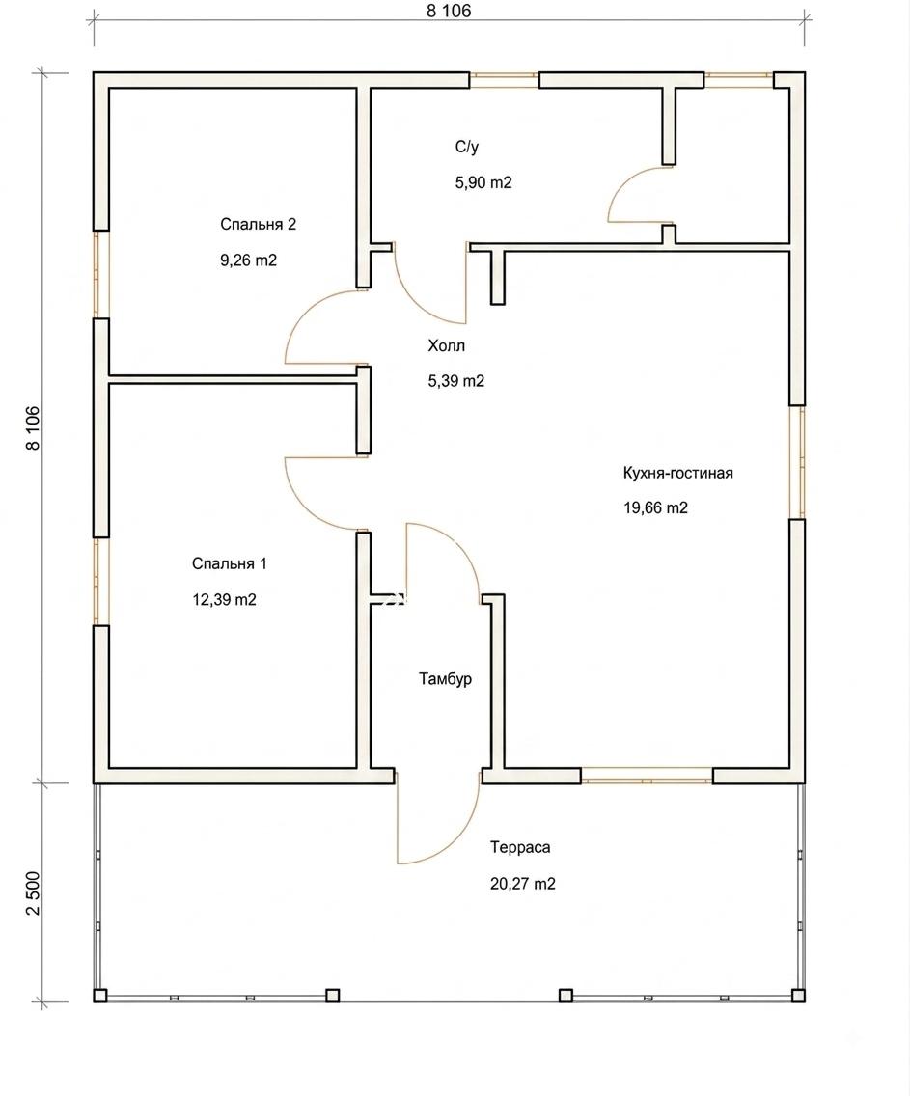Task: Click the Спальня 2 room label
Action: pos(258,225)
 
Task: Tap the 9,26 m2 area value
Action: pos(249,260)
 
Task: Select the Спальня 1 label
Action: pos(230,563)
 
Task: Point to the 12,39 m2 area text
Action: pos(224,600)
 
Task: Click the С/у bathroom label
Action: pos(467,147)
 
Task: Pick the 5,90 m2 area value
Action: pos(483,183)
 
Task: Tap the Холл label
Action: pos(447,345)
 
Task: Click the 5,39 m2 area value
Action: pos(456,382)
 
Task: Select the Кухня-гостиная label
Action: pos(678,473)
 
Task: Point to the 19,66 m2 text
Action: pos(655,508)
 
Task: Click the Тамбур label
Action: pos(445,678)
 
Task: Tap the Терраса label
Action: pos(520,848)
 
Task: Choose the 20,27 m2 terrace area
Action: pos(523,884)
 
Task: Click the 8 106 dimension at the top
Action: pos(449,11)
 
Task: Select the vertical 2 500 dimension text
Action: pos(33,892)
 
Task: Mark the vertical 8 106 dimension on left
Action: pos(33,427)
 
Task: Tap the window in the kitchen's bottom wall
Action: pos(647,776)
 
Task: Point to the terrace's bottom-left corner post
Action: pos(100,995)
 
